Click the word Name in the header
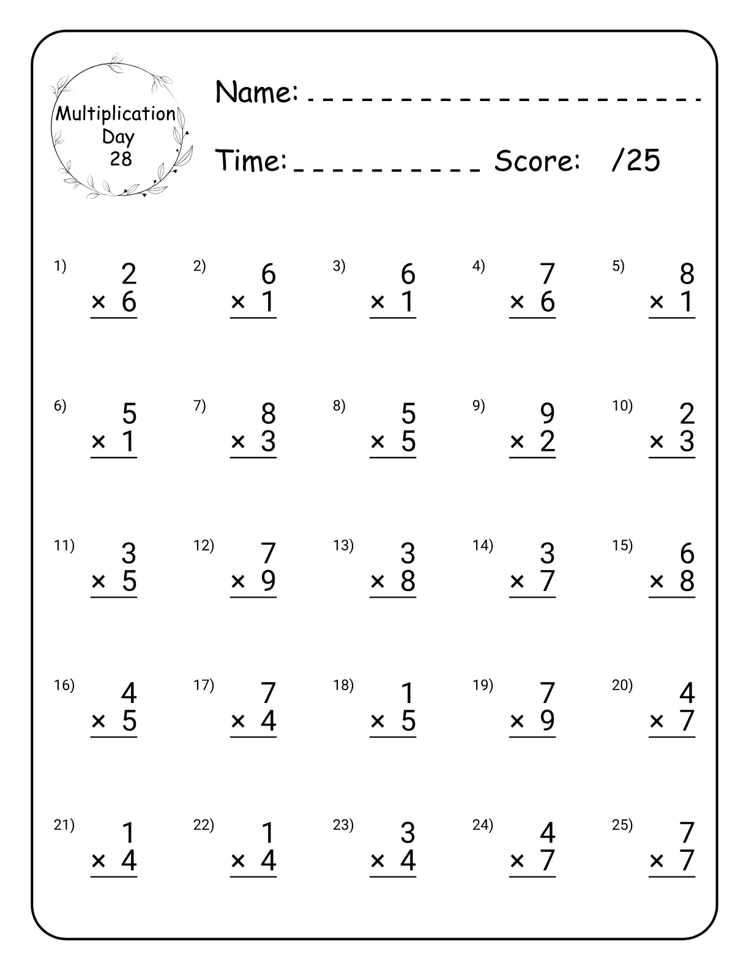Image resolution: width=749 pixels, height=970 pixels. (256, 92)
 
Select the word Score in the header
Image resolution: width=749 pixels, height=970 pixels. (537, 161)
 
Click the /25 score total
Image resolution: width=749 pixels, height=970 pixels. (636, 161)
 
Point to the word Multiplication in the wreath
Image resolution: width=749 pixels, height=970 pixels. (116, 114)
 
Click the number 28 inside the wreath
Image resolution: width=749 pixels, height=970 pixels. (121, 159)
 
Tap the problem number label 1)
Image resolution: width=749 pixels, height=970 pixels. (60, 266)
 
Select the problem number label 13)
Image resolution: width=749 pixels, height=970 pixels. (343, 545)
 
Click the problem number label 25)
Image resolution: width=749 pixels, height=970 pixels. (622, 825)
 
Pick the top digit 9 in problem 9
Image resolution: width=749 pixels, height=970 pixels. (547, 414)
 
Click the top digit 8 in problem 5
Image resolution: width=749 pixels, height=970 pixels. (687, 274)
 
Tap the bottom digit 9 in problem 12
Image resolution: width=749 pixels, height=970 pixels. (268, 581)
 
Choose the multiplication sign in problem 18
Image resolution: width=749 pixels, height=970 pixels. (378, 722)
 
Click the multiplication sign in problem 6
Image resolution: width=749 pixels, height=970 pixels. (99, 442)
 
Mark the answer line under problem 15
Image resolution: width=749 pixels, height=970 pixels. (672, 597)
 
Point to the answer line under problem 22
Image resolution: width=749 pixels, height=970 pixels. (253, 877)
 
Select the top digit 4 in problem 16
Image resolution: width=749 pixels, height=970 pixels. (129, 694)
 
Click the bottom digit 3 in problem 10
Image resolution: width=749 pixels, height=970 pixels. (687, 442)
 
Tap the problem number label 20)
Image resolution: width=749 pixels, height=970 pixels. (622, 685)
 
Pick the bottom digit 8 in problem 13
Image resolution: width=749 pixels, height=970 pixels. (408, 581)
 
